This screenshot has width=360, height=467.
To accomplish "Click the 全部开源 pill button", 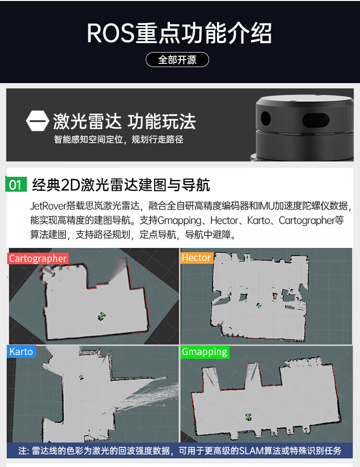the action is tap(177, 60).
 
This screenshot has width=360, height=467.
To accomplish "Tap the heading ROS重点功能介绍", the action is tap(179, 33).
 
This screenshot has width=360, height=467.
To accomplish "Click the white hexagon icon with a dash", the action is tap(37, 121).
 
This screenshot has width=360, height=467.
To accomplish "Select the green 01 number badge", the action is tap(16, 184).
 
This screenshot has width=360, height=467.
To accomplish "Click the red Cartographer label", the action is tap(38, 258).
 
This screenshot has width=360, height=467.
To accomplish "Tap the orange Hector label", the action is tap(196, 258).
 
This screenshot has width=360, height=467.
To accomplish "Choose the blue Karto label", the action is tap(21, 352).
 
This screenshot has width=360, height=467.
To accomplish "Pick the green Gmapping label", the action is tap(204, 352).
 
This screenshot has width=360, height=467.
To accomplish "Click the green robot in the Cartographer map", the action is tap(102, 316).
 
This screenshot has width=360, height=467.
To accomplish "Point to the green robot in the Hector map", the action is tap(259, 305).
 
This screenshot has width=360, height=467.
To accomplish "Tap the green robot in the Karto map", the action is tap(81, 377).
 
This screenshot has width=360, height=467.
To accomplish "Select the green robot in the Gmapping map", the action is tap(249, 417).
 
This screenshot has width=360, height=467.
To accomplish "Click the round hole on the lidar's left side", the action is tap(266, 118).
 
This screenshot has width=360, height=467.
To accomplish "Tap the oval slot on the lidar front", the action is tap(316, 120).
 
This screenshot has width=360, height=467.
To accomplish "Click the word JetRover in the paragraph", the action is tap(48, 206).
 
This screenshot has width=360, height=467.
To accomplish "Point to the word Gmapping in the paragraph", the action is tap(180, 221).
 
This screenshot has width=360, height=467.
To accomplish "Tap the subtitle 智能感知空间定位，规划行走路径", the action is tap(119, 139).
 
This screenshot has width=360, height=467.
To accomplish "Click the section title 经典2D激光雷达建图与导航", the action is tap(121, 184).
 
